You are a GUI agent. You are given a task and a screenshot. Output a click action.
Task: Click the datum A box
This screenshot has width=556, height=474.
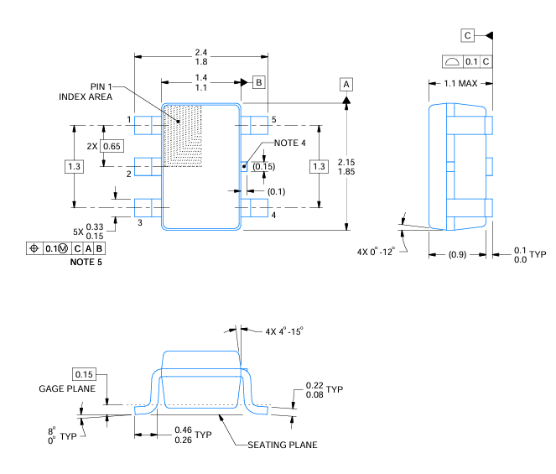point(346,84)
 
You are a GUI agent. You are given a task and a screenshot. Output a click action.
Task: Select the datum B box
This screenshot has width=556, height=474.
point(260,82)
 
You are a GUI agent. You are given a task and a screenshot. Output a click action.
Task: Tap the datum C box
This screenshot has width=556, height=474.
point(467,35)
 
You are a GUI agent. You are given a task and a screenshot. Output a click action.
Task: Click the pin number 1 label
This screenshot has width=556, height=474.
point(129,120)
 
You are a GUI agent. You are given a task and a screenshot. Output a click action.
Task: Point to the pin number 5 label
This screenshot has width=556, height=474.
point(273,120)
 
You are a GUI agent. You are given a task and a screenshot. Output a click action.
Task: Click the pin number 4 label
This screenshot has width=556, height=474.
point(273,215)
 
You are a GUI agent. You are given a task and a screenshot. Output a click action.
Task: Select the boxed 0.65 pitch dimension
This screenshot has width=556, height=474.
point(112,146)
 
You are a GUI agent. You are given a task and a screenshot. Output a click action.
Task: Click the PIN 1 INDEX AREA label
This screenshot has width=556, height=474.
point(86,91)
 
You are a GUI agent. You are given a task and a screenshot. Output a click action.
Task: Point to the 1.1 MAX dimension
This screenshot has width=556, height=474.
point(460,84)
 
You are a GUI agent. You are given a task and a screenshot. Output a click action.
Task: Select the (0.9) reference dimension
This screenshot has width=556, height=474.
point(457,254)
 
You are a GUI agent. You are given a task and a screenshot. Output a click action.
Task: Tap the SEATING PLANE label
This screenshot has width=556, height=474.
point(283,445)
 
